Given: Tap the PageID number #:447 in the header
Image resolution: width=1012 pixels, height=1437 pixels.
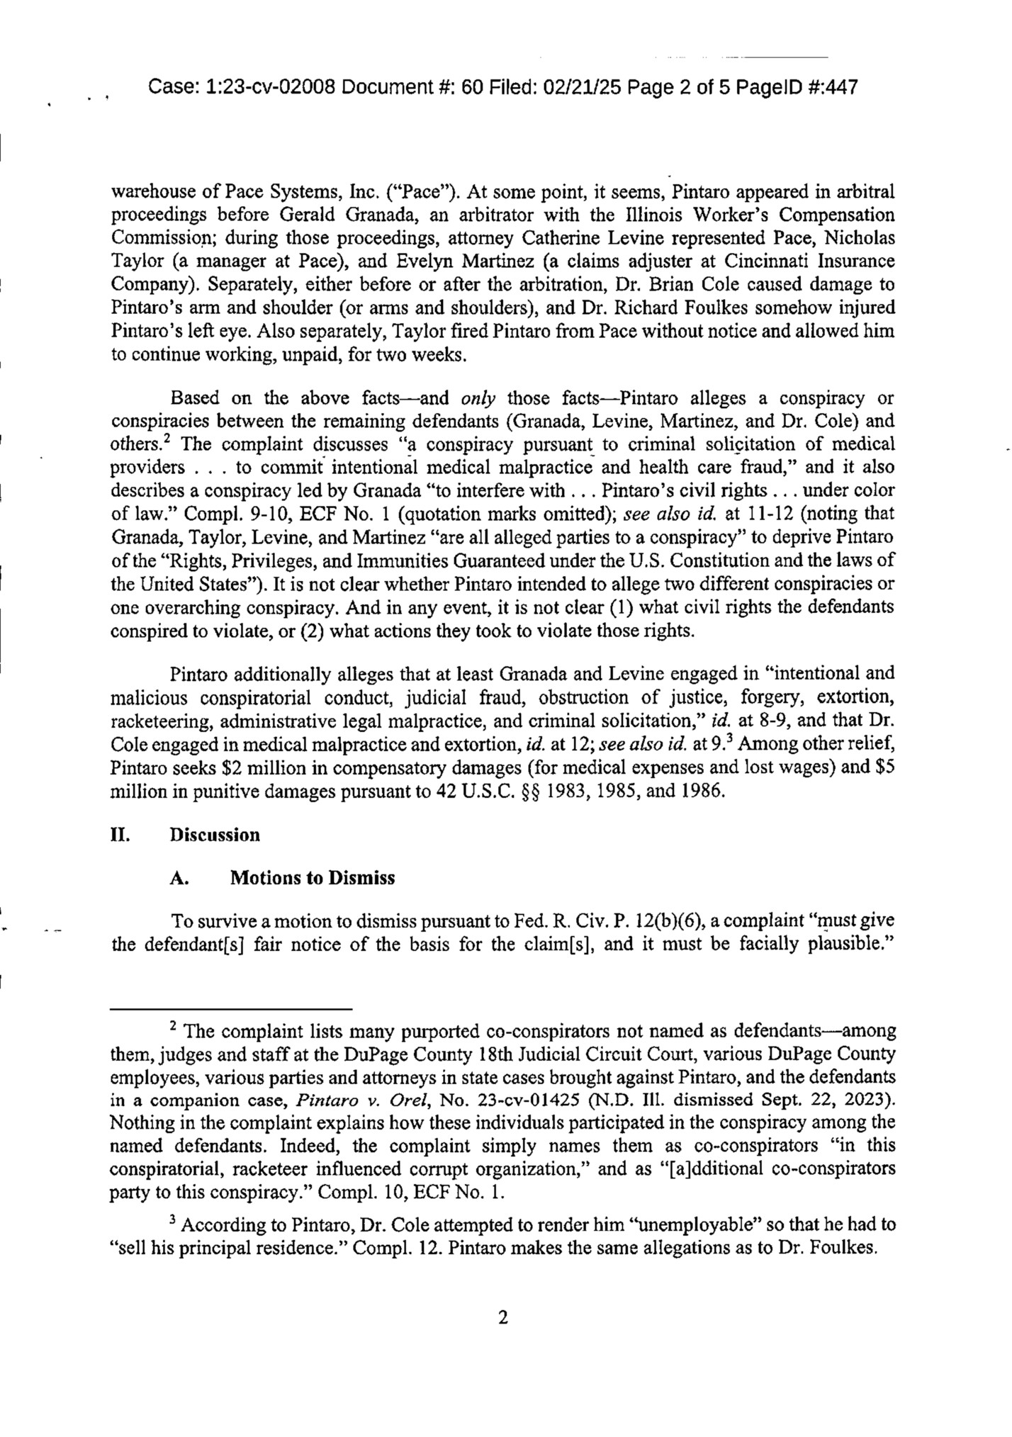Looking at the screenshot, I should pos(831,88).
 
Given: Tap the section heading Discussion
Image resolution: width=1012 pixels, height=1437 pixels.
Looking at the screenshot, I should pos(215,835).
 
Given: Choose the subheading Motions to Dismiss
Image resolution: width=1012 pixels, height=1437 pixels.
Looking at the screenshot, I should pos(313,878).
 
